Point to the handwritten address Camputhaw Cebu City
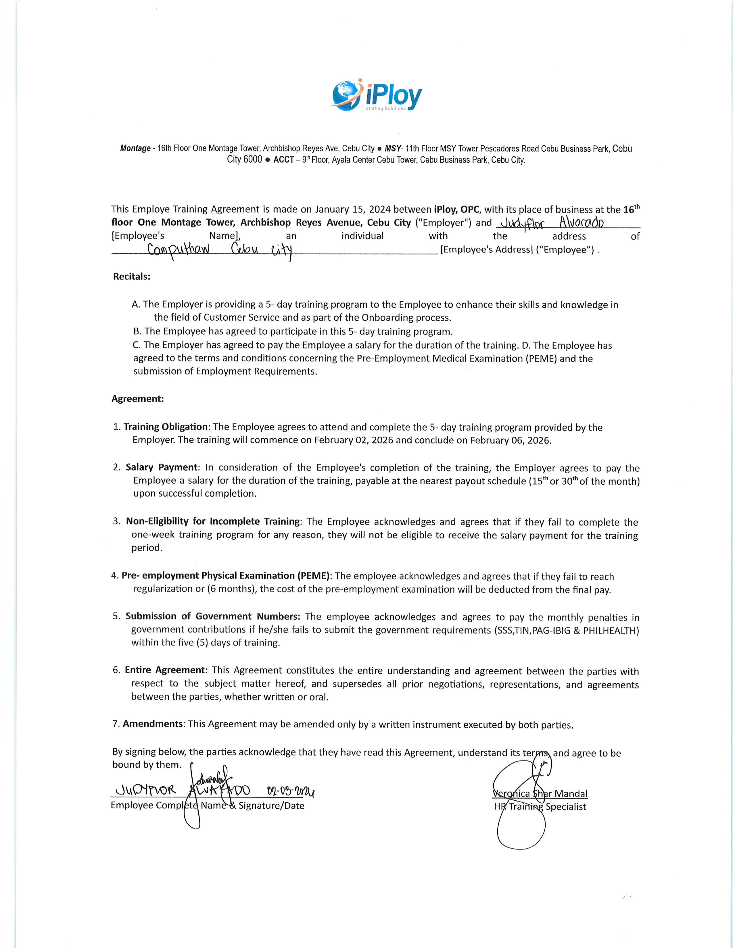[220, 251]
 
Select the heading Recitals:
[132, 276]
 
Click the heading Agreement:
[138, 399]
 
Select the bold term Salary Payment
[162, 467]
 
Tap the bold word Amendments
[153, 724]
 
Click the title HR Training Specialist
[540, 807]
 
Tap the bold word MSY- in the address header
[394, 149]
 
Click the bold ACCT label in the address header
[284, 160]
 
